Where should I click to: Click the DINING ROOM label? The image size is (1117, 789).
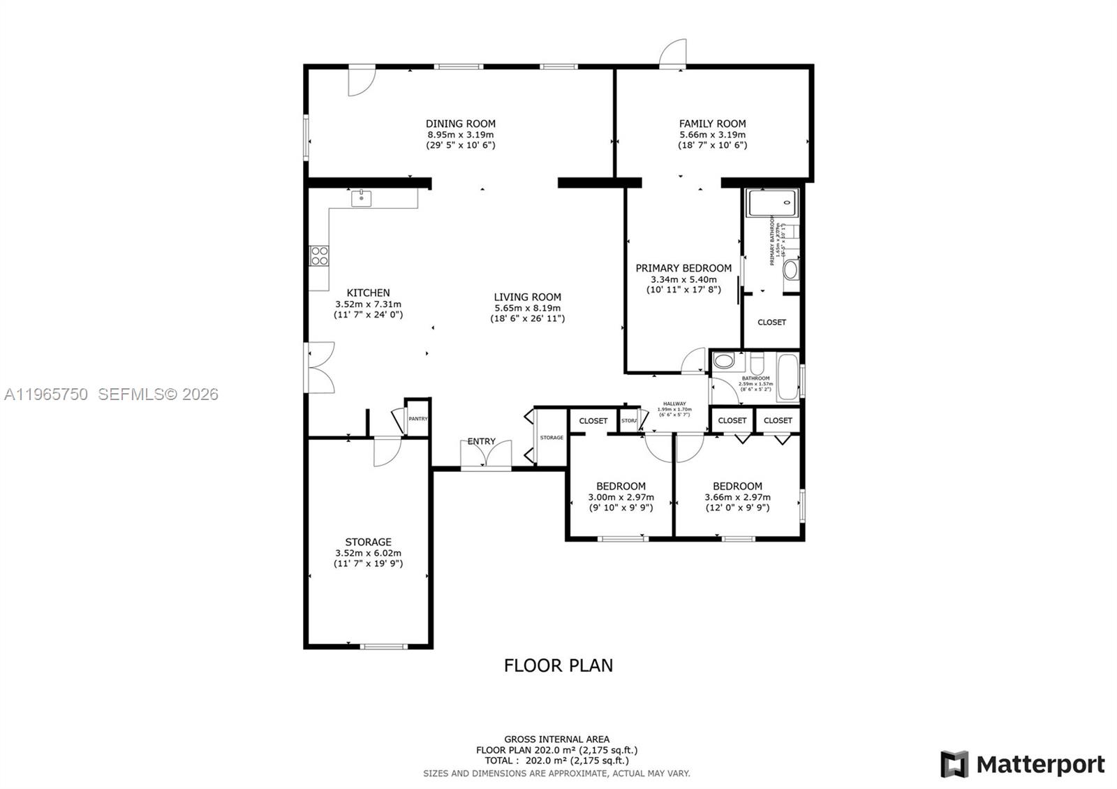(x=461, y=124)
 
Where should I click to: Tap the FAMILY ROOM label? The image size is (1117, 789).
(x=712, y=124)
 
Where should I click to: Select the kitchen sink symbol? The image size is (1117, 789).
(x=361, y=198)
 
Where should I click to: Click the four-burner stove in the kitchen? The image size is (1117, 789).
(x=320, y=256)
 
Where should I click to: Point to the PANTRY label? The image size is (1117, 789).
(x=418, y=419)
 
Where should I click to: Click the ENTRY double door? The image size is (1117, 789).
(x=485, y=455)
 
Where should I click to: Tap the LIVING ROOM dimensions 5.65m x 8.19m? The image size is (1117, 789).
(x=527, y=308)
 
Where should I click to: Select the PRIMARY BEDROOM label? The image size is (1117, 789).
(x=683, y=268)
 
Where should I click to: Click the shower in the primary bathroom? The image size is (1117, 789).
(x=771, y=203)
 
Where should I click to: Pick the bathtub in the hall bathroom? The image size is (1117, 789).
(x=787, y=377)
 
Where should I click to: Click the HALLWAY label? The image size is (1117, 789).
(x=674, y=404)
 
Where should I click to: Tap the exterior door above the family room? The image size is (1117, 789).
(x=674, y=54)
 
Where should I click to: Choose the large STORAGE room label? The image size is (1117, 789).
(x=368, y=542)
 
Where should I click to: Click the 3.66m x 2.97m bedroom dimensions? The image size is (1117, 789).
(x=737, y=498)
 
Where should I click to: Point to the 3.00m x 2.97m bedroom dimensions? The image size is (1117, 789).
(x=621, y=498)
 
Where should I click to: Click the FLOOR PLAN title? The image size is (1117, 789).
(x=558, y=665)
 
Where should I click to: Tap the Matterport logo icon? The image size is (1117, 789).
(x=954, y=764)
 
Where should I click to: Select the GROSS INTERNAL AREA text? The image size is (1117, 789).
(x=556, y=739)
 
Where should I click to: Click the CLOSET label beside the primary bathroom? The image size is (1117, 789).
(x=771, y=323)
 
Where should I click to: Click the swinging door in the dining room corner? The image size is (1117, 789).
(x=362, y=80)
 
